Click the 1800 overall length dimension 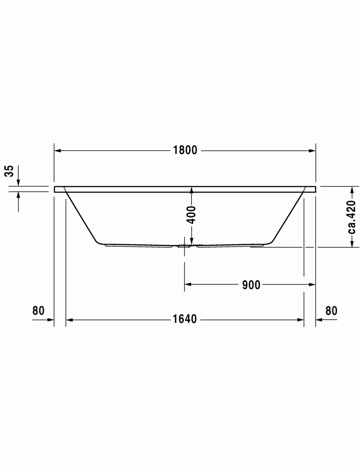tap(185, 150)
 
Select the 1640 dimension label tap(185, 319)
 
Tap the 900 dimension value tap(251, 285)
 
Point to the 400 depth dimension tap(191, 215)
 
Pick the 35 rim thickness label tap(10, 171)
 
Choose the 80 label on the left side tap(39, 311)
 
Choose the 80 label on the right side tap(331, 311)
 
